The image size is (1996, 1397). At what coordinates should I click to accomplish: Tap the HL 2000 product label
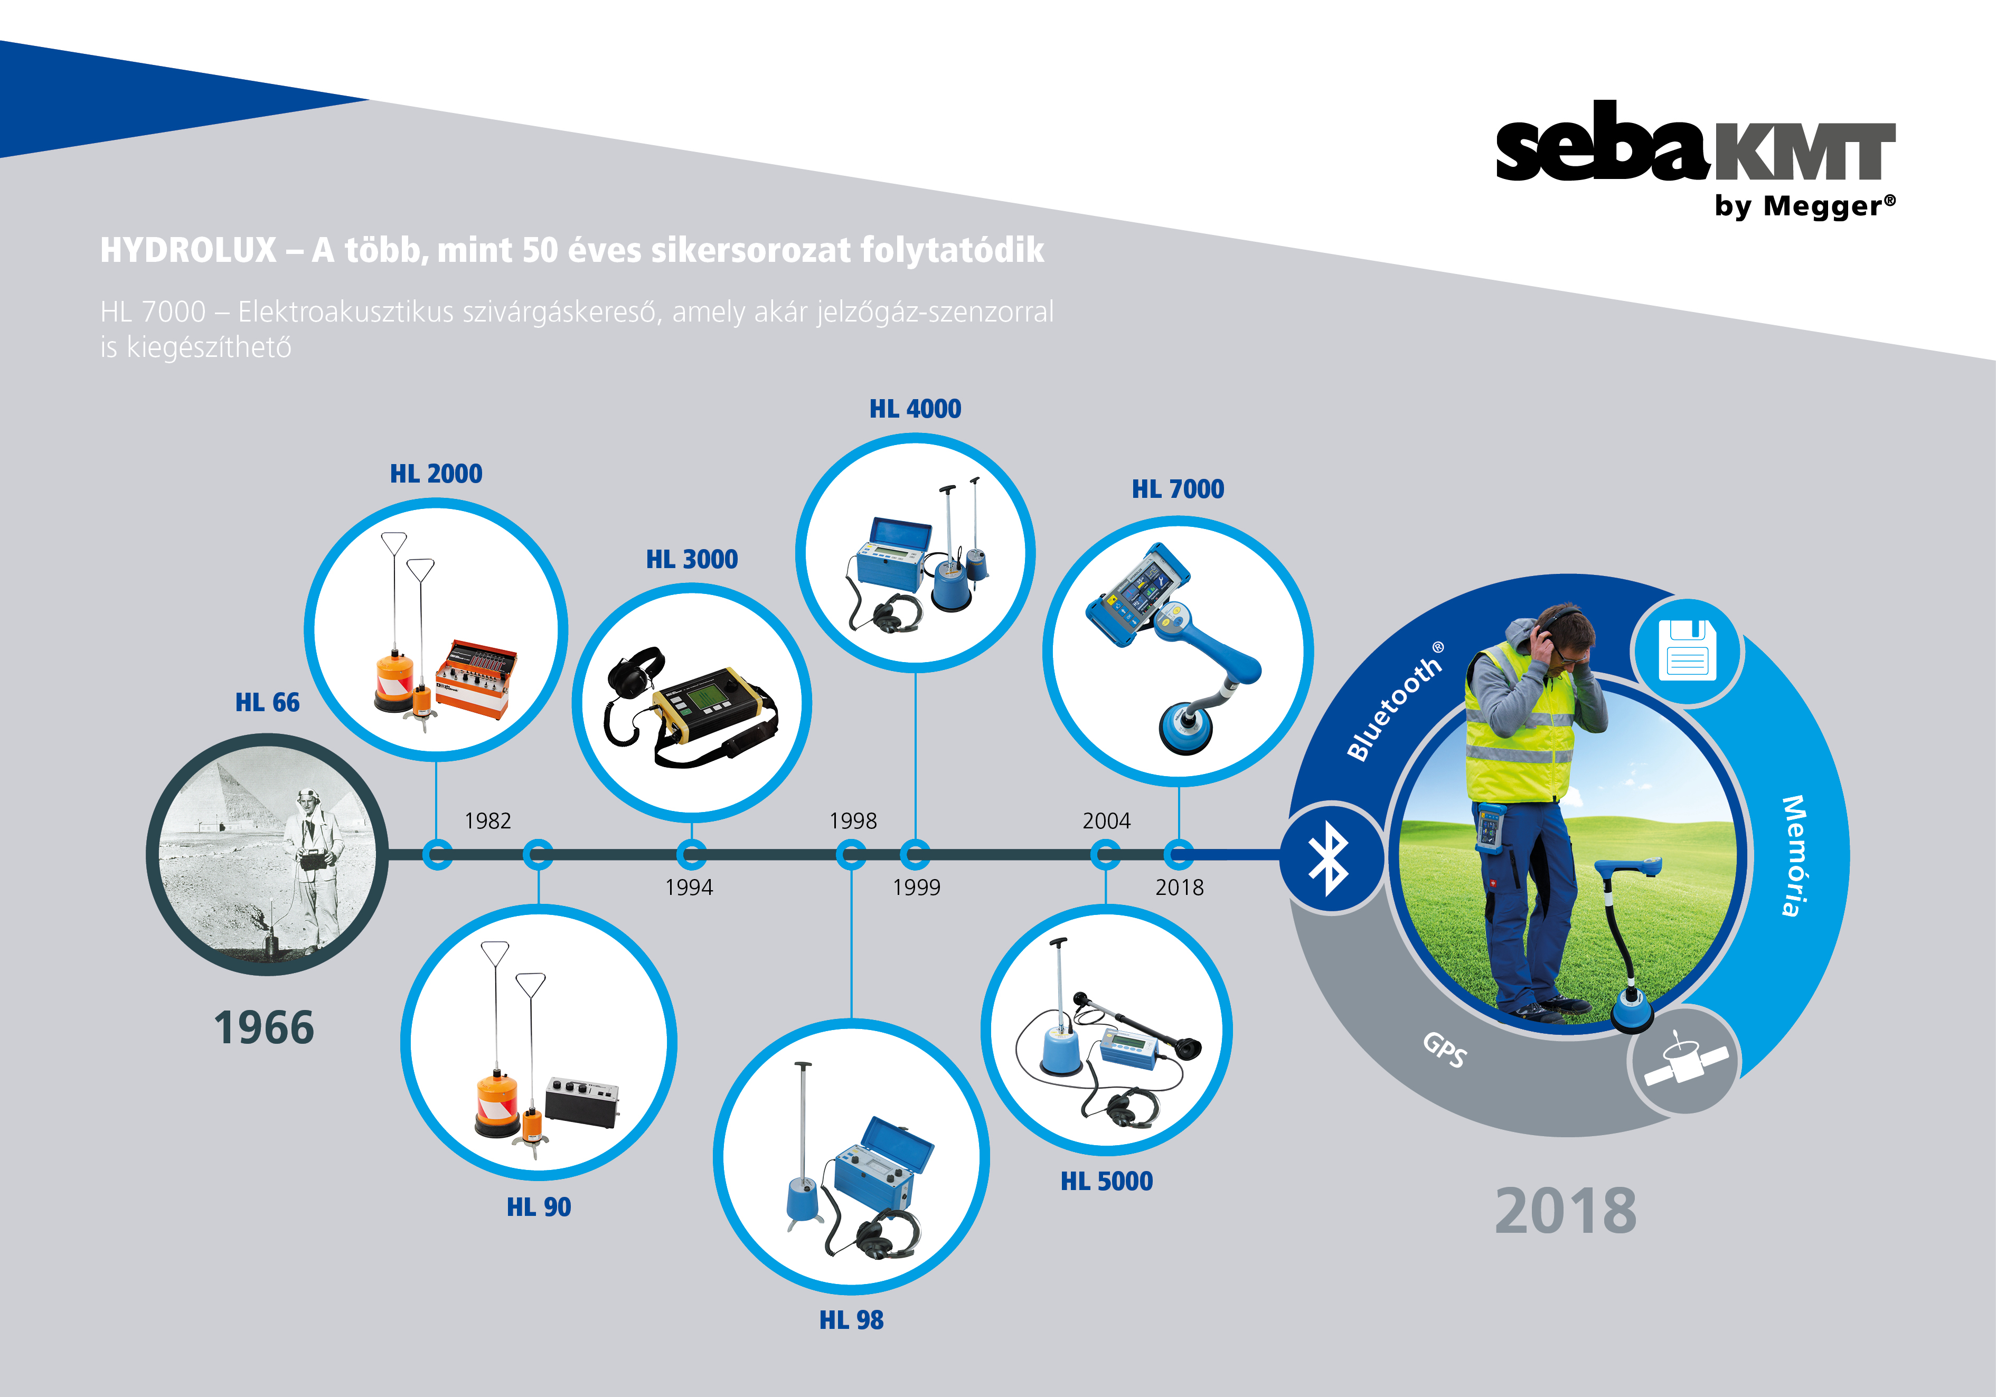point(436,474)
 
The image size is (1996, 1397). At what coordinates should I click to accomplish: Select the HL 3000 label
point(692,559)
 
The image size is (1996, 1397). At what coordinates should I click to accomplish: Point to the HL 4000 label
point(916,409)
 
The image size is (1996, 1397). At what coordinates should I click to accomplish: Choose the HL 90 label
point(539,1206)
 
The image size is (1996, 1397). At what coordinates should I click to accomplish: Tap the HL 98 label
point(851,1319)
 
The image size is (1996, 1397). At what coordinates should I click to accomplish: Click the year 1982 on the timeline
point(488,820)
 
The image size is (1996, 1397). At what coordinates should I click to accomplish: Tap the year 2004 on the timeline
point(1107,820)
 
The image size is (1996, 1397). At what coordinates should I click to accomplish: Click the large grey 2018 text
point(1566,1211)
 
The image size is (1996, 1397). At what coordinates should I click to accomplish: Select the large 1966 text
point(264,1027)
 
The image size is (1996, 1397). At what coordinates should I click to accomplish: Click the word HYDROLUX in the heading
point(189,250)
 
